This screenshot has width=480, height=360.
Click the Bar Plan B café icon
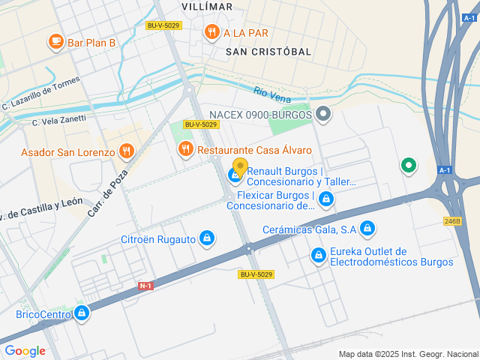pos(55,42)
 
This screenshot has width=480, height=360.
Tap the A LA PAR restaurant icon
pos(211,32)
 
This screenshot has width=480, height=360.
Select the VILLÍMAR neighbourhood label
pos(207,6)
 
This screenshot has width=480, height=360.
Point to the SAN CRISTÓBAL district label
pos(268,51)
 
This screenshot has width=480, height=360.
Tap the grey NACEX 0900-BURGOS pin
pos(323,115)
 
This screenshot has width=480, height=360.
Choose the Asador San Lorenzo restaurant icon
pos(126,151)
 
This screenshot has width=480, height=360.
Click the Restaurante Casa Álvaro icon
pos(185,149)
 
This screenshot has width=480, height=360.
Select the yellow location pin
pos(240,166)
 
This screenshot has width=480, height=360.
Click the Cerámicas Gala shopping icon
pos(367,228)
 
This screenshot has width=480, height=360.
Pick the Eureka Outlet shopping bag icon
pos(319,256)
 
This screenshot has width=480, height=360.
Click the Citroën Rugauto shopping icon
pos(208,239)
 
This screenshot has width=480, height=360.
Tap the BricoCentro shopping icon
pos(81,313)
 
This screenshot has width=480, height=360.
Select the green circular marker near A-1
pos(408,165)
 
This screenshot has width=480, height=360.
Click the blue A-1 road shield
pos(445,170)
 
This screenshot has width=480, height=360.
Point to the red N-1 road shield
pos(146,286)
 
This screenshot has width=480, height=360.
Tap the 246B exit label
pos(451,221)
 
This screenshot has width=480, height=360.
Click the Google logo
pos(25,351)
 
